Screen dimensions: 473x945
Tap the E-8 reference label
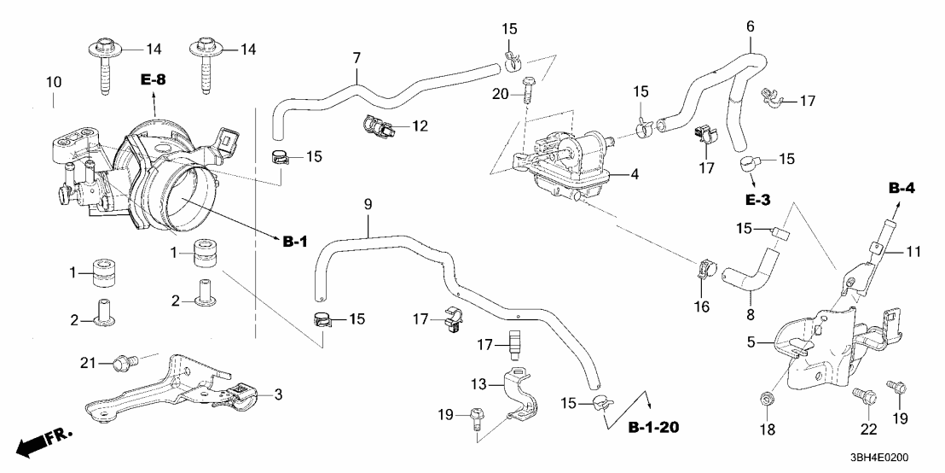(x=154, y=80)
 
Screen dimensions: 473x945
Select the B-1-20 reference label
(x=654, y=426)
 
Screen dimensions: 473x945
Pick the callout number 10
(x=53, y=82)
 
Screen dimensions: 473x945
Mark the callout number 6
(x=751, y=26)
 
